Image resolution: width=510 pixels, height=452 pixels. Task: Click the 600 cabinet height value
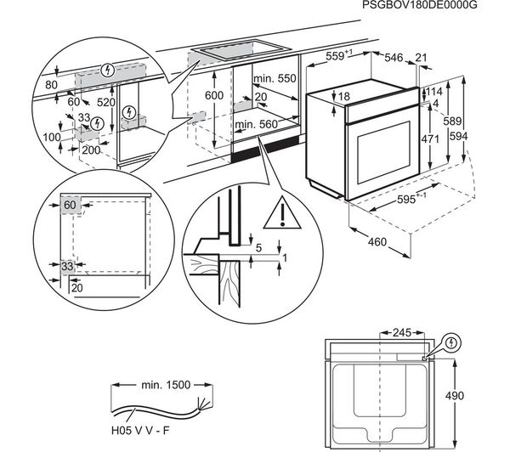(x=214, y=95)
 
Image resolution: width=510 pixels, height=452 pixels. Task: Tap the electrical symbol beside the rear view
(x=452, y=343)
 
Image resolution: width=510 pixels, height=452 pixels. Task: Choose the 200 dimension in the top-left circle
(x=92, y=150)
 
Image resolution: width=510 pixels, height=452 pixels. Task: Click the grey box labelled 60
(x=69, y=205)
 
